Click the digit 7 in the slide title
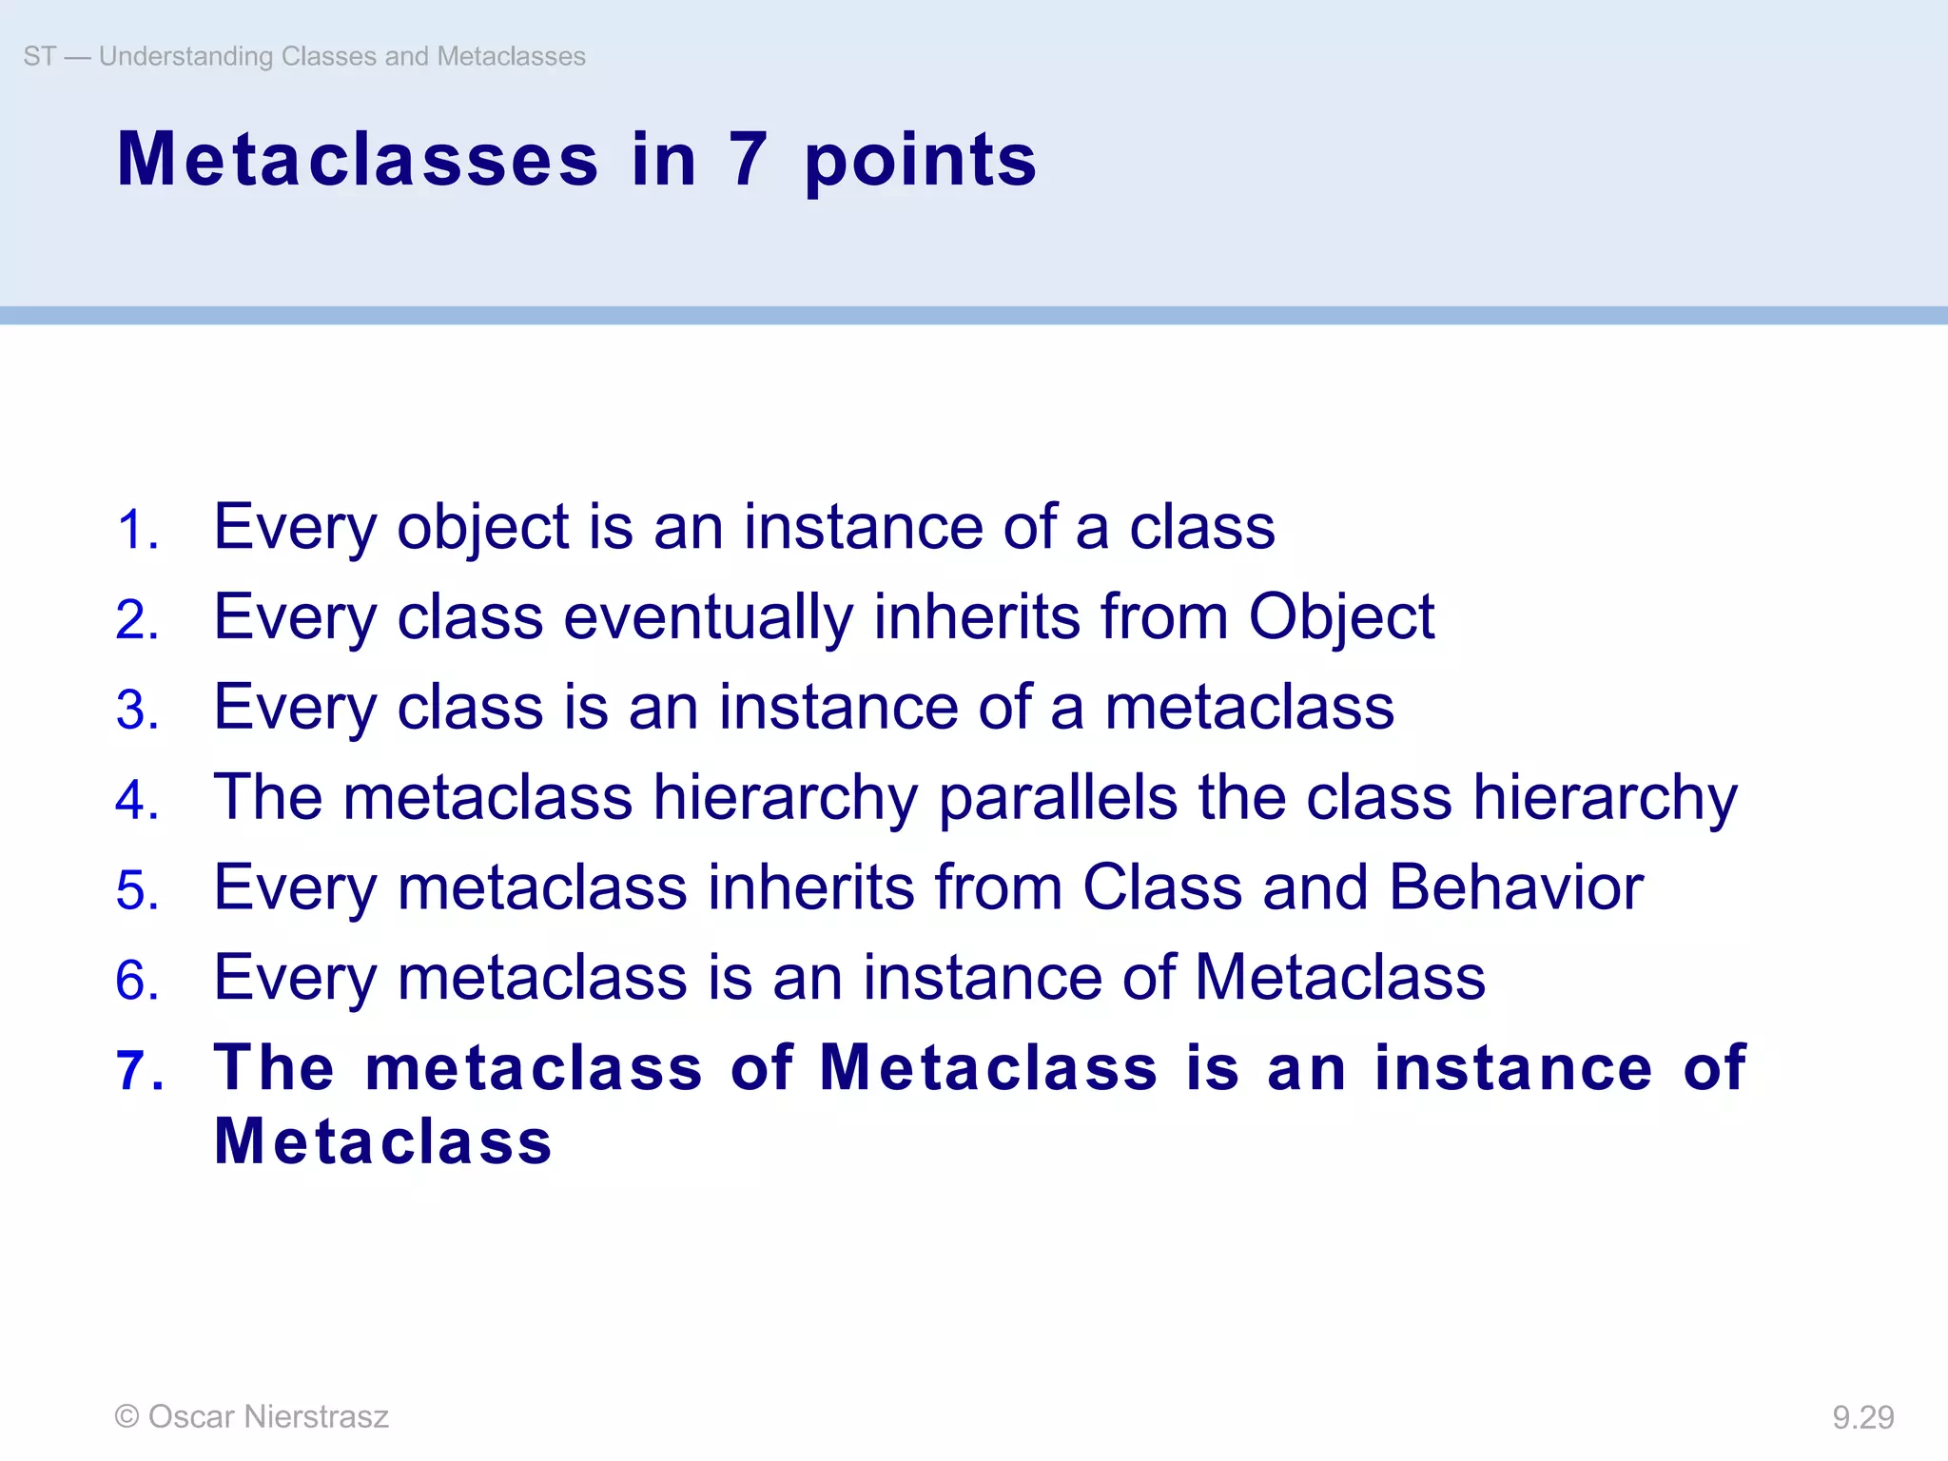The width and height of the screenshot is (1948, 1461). point(748,160)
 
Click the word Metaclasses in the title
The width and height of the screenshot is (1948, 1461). point(358,160)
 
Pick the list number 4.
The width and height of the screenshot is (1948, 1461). point(137,800)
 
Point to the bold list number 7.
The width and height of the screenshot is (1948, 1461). point(139,1070)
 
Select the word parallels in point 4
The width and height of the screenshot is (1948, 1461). point(1058,799)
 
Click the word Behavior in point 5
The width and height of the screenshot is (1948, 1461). point(1516,887)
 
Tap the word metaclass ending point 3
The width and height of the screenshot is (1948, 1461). point(1249,709)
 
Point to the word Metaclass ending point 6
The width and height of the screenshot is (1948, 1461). point(1339,978)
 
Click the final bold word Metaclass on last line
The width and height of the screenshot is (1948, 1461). point(382,1141)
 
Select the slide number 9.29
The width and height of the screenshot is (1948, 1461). point(1862,1418)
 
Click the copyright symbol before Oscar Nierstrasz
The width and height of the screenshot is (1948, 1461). point(127,1417)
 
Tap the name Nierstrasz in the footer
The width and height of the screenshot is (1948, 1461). point(316,1417)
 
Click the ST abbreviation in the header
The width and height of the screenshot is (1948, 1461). point(39,57)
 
